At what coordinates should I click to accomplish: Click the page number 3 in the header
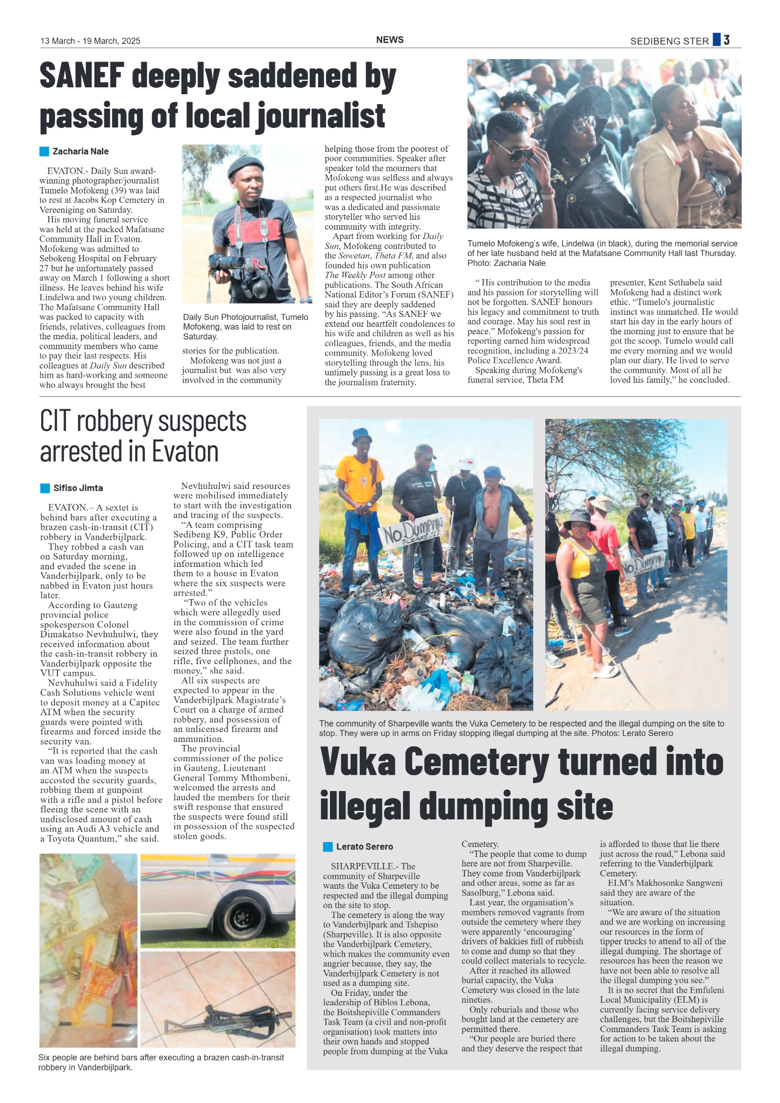click(x=726, y=40)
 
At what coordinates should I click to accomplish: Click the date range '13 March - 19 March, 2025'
click(x=90, y=41)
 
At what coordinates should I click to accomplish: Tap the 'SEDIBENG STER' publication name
click(x=669, y=42)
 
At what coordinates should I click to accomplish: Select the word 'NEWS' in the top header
click(x=390, y=40)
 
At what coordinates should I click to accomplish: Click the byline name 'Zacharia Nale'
click(x=80, y=151)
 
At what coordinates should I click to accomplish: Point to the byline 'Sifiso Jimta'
click(x=78, y=488)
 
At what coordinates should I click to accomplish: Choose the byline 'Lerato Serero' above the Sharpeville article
click(x=364, y=847)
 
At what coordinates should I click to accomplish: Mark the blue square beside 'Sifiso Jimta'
click(x=45, y=488)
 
